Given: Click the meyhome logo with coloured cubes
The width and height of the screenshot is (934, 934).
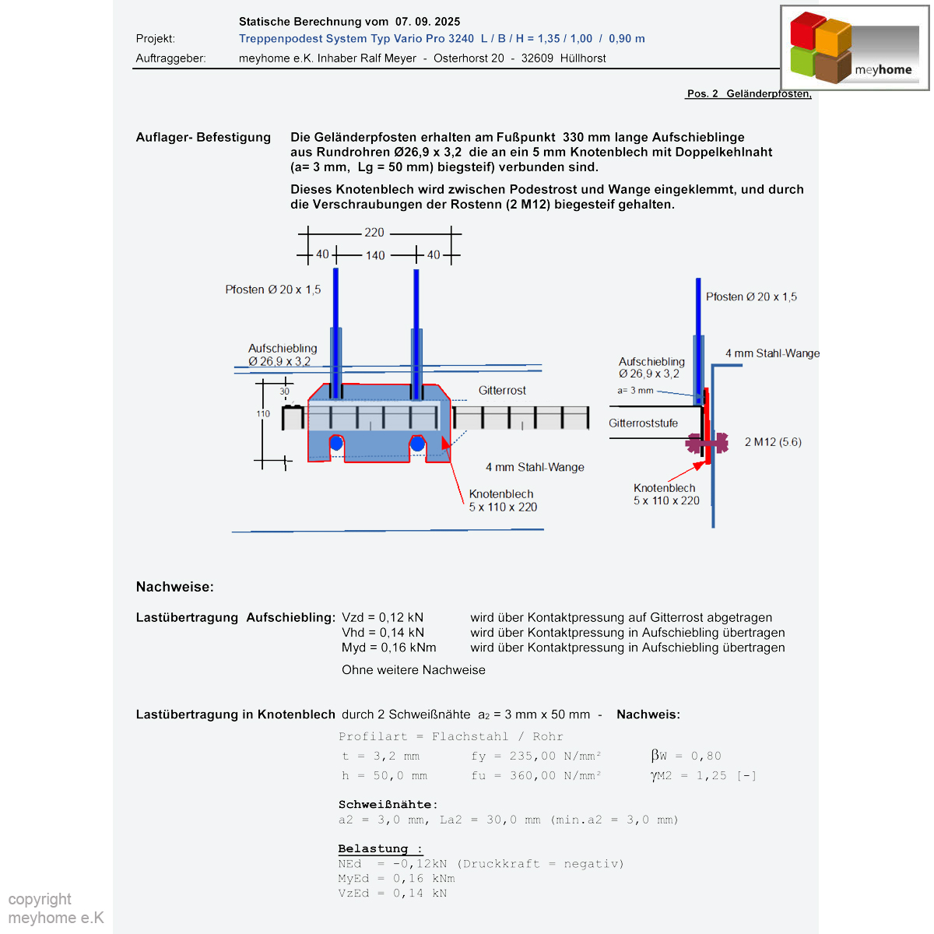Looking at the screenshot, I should (x=855, y=48).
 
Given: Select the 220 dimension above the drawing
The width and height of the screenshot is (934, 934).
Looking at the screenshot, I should (x=374, y=233).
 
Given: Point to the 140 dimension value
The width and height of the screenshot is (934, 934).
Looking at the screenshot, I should (x=375, y=255).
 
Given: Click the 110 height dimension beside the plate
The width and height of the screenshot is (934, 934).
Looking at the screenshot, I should (x=263, y=414).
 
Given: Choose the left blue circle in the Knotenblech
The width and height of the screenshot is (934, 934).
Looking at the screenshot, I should (x=336, y=444).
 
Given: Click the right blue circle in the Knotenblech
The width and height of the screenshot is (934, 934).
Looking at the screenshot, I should (x=418, y=444).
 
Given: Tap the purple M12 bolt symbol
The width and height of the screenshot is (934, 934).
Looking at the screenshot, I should (x=707, y=443).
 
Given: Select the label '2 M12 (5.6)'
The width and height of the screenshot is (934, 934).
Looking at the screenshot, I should (x=773, y=442).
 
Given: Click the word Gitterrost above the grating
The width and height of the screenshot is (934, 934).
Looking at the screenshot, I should (x=502, y=391).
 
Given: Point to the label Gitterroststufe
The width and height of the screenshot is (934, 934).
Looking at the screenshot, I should (x=643, y=423).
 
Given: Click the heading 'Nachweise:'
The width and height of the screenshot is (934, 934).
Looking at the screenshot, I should (x=174, y=587).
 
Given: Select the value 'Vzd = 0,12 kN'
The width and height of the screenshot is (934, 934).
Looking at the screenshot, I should (x=382, y=617).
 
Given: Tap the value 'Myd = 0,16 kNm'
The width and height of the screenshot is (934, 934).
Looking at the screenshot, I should (x=388, y=648).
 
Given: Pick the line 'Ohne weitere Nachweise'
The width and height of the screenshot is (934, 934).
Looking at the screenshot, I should (x=413, y=670).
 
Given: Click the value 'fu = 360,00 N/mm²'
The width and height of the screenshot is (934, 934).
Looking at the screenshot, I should (x=535, y=776).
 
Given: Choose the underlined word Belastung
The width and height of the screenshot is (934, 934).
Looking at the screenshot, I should (x=373, y=848).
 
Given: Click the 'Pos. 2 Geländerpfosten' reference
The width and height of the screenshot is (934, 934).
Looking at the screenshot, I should (x=748, y=93).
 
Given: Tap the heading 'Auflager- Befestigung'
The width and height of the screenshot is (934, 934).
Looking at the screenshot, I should (x=203, y=138).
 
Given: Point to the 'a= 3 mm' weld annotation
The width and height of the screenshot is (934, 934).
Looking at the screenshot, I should (x=635, y=391).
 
